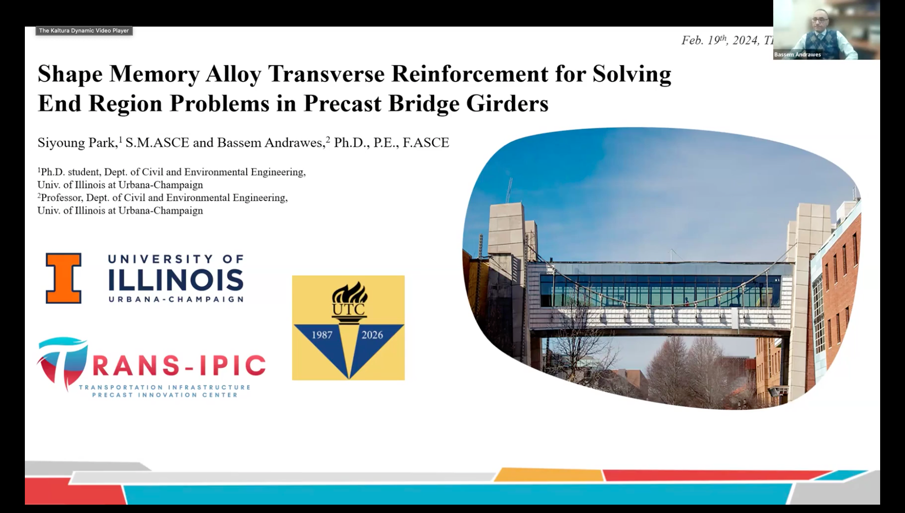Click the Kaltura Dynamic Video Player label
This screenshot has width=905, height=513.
coord(84,30)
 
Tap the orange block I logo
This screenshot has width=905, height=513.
coord(63,278)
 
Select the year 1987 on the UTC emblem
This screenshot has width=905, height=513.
coord(322,335)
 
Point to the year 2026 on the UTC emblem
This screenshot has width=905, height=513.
coord(372,335)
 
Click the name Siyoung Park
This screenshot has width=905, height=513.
coord(77,143)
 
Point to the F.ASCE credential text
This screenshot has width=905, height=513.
coord(426,143)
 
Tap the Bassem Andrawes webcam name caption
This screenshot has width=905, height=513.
coord(797,54)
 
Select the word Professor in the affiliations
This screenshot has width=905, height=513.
coord(61,198)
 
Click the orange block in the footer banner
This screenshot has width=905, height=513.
coord(549,475)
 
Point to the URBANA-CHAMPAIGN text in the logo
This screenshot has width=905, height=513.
coord(176,299)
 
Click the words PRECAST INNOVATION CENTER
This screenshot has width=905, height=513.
coord(165,395)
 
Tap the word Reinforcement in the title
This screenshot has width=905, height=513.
coord(470,74)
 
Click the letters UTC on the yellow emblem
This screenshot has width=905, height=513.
coord(349,309)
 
